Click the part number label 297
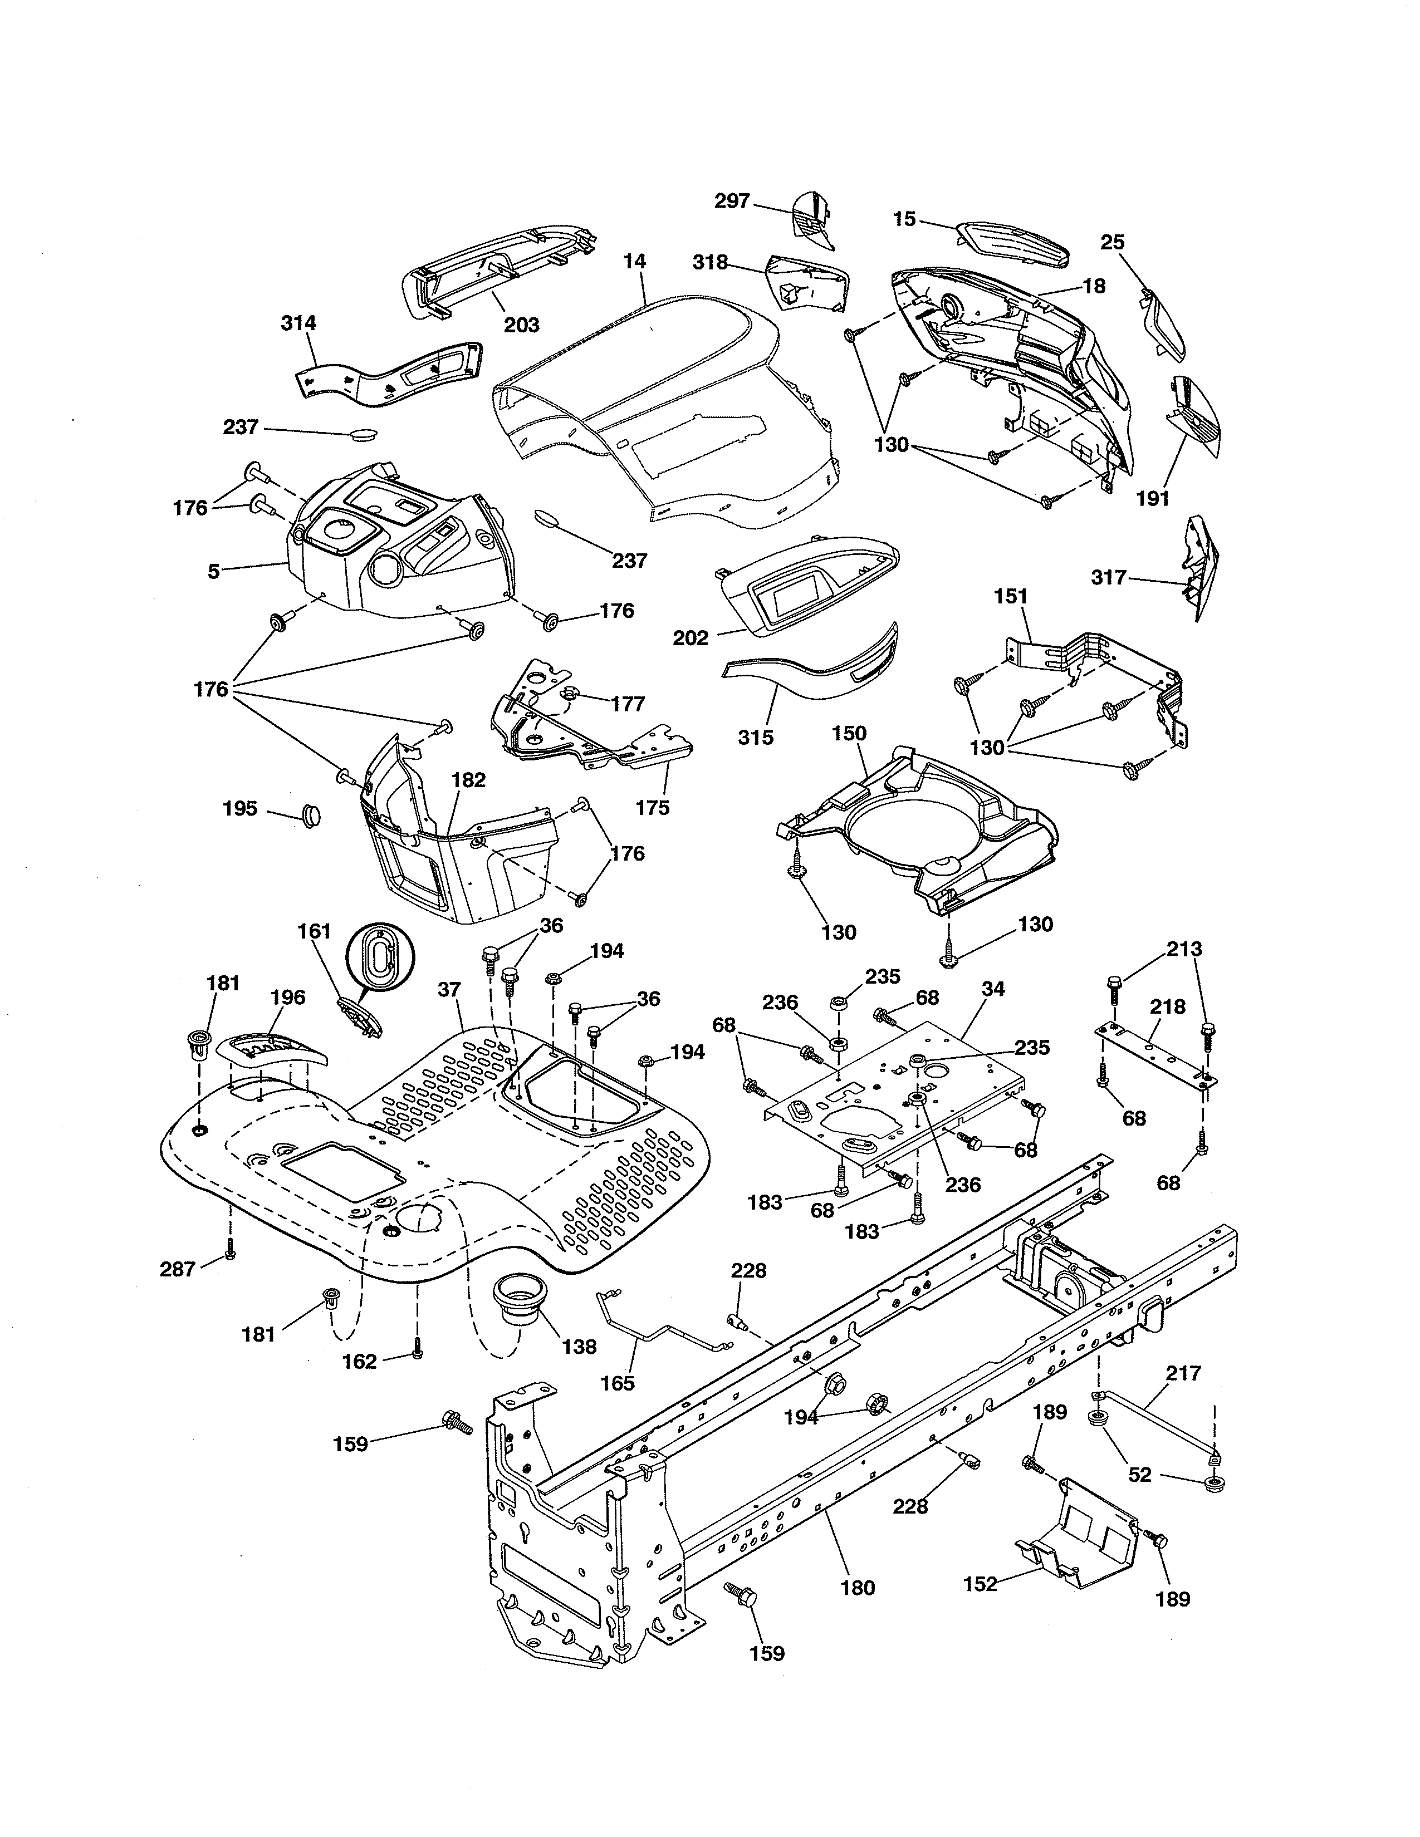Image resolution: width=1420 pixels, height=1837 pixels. coord(731,202)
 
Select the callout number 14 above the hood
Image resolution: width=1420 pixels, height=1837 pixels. coord(635,262)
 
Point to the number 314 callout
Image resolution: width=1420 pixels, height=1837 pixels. coord(298,323)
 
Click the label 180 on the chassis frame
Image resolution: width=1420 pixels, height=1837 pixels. coord(857,1588)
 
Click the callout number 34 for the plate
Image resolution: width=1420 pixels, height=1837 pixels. coord(993,989)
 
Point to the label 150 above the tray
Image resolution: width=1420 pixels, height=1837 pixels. coord(849,734)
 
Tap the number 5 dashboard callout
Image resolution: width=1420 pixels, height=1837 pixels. coord(214,572)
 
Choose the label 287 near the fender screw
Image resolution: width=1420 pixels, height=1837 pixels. coord(178,1269)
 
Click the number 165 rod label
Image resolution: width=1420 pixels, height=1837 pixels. coord(618,1383)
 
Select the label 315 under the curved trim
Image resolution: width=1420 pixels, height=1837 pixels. coord(756,738)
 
